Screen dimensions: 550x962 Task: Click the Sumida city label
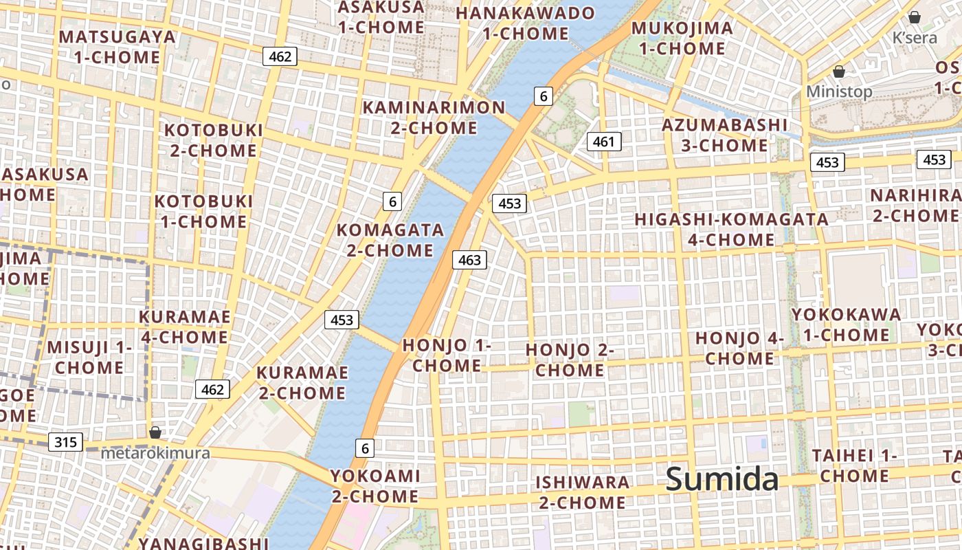click(x=721, y=479)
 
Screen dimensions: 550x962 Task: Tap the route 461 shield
click(x=603, y=142)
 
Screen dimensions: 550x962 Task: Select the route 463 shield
click(x=469, y=260)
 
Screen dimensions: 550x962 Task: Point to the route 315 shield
click(x=65, y=441)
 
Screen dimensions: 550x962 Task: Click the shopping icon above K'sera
click(x=915, y=17)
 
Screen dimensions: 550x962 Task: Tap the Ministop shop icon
click(x=838, y=71)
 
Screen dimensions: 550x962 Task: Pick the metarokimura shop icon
click(x=155, y=432)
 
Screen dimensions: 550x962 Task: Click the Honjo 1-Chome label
click(x=447, y=355)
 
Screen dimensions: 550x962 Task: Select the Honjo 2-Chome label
click(x=570, y=360)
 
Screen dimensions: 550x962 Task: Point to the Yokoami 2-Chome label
click(x=375, y=486)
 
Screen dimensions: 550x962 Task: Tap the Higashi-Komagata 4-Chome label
click(x=731, y=230)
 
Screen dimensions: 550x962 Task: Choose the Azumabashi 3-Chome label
click(x=724, y=135)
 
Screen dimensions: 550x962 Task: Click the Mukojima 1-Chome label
click(x=682, y=38)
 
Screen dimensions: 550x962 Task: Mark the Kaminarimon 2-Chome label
click(x=434, y=118)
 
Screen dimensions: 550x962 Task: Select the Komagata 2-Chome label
click(x=390, y=240)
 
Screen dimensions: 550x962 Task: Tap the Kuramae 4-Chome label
click(x=185, y=327)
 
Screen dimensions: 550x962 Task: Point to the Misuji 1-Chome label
click(x=89, y=357)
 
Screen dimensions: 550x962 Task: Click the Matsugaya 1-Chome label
click(x=118, y=47)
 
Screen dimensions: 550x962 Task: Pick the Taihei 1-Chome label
click(x=854, y=465)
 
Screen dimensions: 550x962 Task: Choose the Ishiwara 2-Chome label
click(x=582, y=492)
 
